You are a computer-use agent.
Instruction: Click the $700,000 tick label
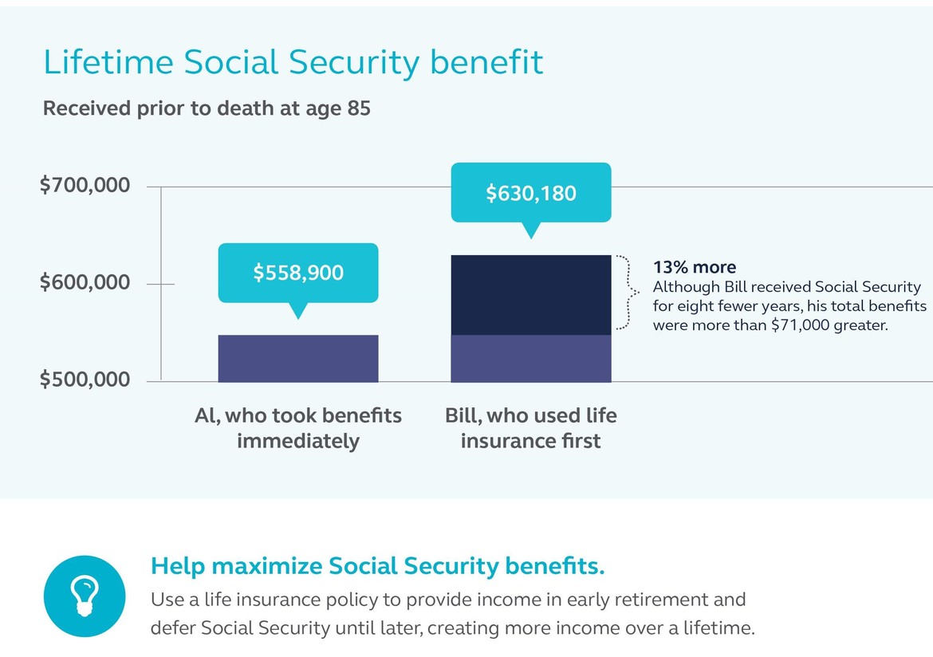[85, 185]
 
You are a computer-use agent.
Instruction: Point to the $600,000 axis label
[85, 282]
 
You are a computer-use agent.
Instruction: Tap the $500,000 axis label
[85, 379]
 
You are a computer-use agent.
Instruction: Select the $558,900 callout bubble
[298, 273]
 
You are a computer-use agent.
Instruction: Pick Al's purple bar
[298, 358]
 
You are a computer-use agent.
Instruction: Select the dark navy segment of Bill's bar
[531, 295]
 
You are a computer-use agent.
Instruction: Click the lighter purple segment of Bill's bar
[531, 358]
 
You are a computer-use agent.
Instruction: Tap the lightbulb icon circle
[85, 596]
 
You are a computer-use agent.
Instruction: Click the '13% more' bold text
[695, 267]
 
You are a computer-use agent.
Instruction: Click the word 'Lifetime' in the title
[108, 62]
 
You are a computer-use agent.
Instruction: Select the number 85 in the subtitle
[359, 108]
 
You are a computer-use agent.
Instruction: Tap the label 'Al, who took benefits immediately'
[298, 428]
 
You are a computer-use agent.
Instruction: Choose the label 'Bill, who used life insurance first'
[531, 428]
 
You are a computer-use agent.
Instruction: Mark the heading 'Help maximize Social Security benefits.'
[378, 566]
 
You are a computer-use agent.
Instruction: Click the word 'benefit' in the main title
[486, 62]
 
